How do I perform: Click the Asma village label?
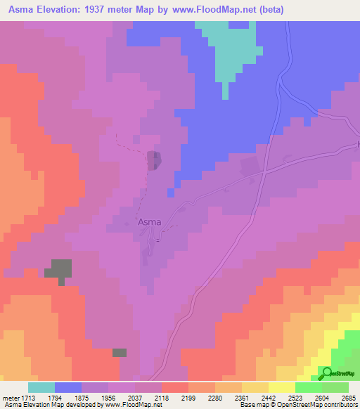pyautogui.click(x=149, y=222)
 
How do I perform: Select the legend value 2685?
pyautogui.click(x=349, y=397)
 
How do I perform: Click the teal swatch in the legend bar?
pyautogui.click(x=41, y=387)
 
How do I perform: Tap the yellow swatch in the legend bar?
pyautogui.click(x=281, y=387)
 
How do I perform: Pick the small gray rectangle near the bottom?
pyautogui.click(x=120, y=352)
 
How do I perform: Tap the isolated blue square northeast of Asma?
pyautogui.click(x=171, y=192)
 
